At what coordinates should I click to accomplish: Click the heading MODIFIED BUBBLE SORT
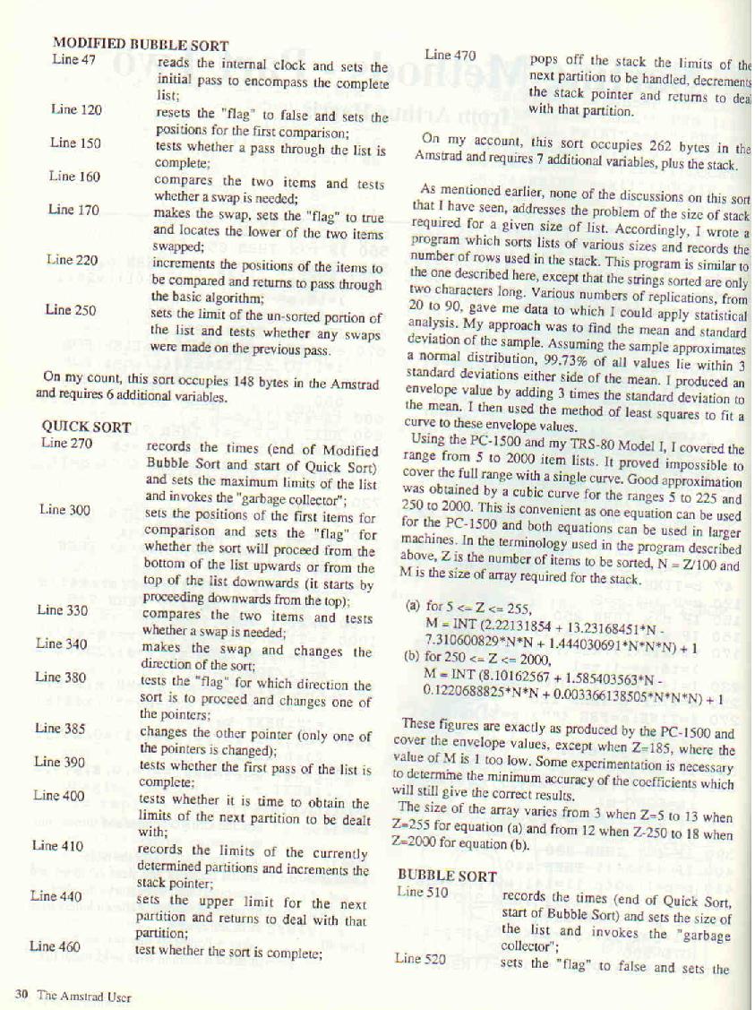click(140, 45)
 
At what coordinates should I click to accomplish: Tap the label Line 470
click(450, 56)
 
